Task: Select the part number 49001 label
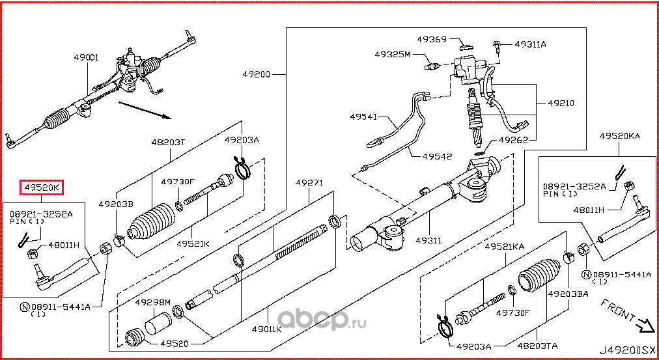[x=86, y=57]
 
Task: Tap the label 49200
[x=257, y=74]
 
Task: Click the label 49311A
[x=530, y=44]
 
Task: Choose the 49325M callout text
[x=392, y=55]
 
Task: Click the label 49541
[x=363, y=117]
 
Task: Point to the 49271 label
[x=309, y=182]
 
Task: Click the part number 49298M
[x=152, y=303]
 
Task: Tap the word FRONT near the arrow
[x=617, y=311]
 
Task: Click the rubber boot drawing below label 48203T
[x=149, y=225]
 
